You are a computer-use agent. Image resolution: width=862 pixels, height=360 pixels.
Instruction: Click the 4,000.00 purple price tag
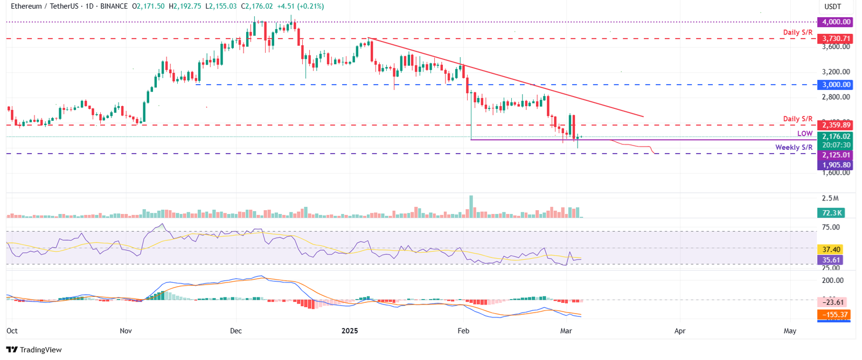pyautogui.click(x=835, y=22)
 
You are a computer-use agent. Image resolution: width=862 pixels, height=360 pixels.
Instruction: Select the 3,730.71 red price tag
pyautogui.click(x=835, y=39)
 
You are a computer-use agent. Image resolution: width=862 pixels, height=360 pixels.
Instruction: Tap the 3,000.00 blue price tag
pyautogui.click(x=835, y=85)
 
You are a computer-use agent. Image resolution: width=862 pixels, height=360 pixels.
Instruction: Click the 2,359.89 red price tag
pyautogui.click(x=835, y=125)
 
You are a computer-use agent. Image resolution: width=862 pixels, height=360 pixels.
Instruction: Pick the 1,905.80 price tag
pyautogui.click(x=835, y=165)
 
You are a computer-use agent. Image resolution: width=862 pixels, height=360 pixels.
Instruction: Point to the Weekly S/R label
pyautogui.click(x=794, y=147)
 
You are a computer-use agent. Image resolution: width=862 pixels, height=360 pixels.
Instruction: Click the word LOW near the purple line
pyautogui.click(x=805, y=134)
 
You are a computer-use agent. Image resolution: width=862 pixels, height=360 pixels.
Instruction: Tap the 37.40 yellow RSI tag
pyautogui.click(x=831, y=250)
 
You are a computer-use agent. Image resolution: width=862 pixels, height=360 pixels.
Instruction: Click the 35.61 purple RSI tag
pyautogui.click(x=831, y=260)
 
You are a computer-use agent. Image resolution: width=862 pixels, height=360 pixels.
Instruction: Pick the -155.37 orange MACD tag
pyautogui.click(x=834, y=315)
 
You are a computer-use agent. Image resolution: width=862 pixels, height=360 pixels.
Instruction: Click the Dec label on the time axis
pyautogui.click(x=235, y=331)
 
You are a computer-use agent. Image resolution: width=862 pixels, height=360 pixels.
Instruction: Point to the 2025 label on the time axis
pyautogui.click(x=350, y=331)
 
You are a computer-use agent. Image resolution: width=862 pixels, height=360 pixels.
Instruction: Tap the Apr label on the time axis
pyautogui.click(x=680, y=331)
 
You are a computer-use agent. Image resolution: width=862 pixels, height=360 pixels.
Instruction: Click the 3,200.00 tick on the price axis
pyautogui.click(x=836, y=72)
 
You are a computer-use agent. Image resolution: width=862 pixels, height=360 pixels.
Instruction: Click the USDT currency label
pyautogui.click(x=832, y=6)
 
